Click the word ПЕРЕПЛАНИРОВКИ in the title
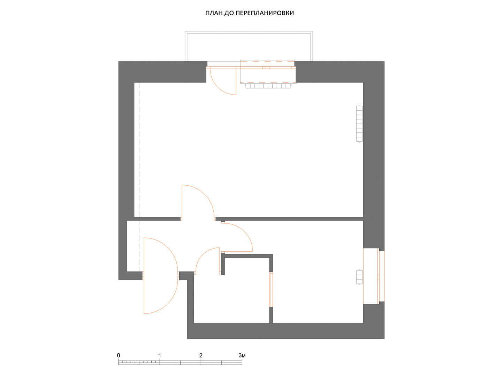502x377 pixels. tap(265, 13)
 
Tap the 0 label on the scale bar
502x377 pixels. tap(119, 355)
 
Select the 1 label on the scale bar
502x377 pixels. tap(160, 355)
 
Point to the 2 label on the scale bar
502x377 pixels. tap(201, 355)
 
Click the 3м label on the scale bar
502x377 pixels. tap(242, 355)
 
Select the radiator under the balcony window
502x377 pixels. tap(268, 86)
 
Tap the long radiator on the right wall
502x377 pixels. tap(359, 124)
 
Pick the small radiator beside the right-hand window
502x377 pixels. tap(359, 277)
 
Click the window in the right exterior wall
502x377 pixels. tap(381, 276)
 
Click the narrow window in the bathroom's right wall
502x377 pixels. tap(271, 289)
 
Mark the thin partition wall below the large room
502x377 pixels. tap(289, 219)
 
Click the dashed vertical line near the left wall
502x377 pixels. tap(139, 177)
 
